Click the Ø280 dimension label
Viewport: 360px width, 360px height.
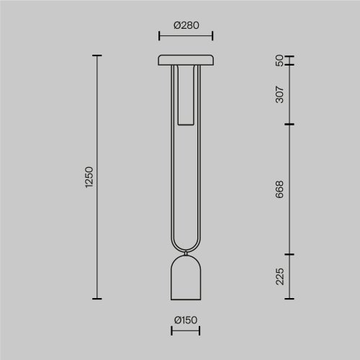186,24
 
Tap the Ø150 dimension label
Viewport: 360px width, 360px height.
186,320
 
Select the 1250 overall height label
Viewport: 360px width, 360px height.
89,177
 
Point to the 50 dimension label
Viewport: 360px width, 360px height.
279,60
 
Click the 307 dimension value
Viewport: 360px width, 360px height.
279,94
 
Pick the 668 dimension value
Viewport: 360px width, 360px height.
279,190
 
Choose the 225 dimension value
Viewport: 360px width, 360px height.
279,276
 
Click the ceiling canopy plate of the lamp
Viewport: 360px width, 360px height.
186,60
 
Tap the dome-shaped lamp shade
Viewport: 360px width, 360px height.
186,277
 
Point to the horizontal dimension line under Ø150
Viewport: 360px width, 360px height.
186,331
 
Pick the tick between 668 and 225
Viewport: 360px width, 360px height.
289,254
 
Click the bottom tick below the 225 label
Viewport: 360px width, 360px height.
289,298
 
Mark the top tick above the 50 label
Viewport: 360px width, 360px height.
289,55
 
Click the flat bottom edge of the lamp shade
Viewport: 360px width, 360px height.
186,297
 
